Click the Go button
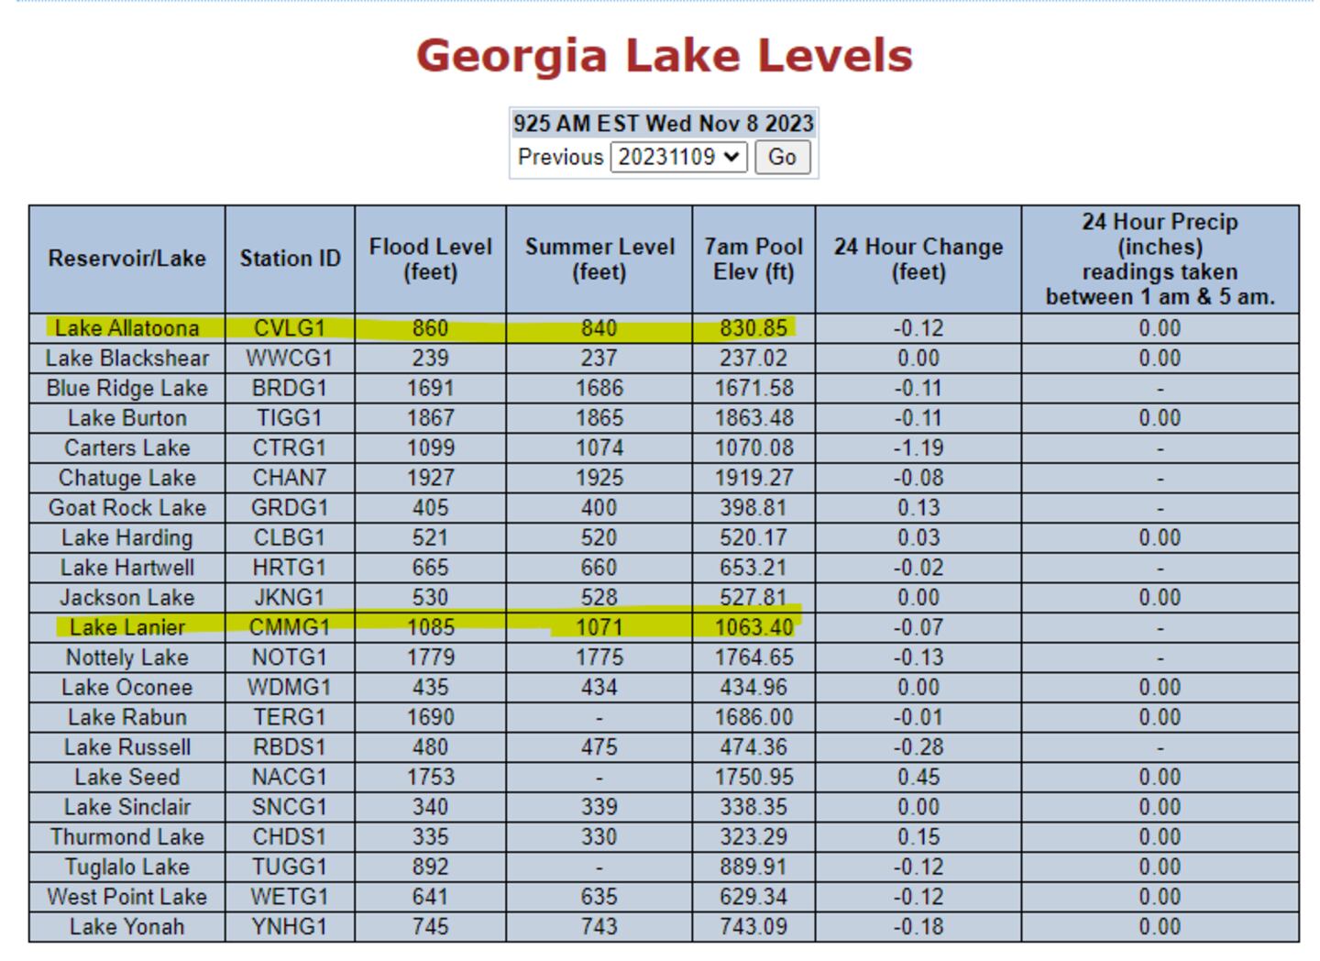point(781,157)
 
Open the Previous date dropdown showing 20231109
point(678,157)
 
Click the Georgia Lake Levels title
point(664,55)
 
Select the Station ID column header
point(290,259)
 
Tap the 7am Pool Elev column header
point(753,259)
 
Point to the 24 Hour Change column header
point(918,259)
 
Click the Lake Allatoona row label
point(126,328)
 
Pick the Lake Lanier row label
point(126,627)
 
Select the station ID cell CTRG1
point(290,448)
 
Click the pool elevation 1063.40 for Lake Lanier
point(753,627)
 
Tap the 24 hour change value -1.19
point(918,448)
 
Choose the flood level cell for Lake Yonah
point(430,927)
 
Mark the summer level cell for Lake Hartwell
point(599,568)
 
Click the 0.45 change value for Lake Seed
point(918,778)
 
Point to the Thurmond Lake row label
point(126,837)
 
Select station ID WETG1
point(290,897)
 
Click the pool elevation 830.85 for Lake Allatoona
point(753,328)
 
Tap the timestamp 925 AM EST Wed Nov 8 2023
point(664,123)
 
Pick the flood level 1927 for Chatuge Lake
point(430,478)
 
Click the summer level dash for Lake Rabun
point(599,718)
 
